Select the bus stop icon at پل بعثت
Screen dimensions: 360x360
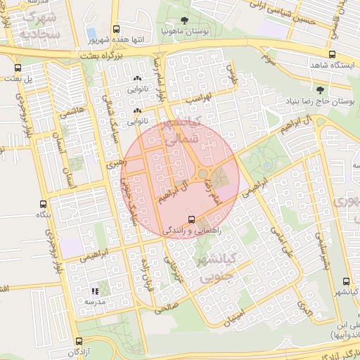18,67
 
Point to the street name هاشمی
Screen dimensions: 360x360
72,116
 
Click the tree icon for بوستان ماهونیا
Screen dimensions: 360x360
184,20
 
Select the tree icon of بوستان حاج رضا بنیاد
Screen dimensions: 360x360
321,90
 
